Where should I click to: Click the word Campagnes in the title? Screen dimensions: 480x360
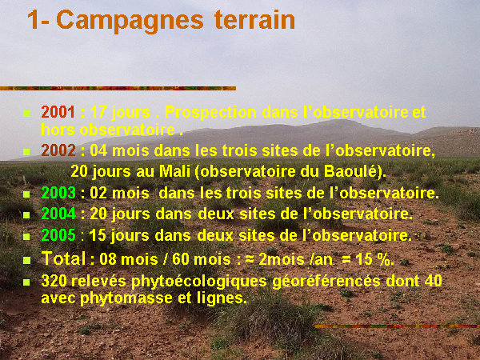tap(130, 21)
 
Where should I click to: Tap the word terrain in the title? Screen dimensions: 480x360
tap(254, 19)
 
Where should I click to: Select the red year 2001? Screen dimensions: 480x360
tap(58, 112)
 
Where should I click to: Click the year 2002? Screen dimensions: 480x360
tap(58, 150)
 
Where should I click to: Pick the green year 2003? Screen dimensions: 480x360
tap(58, 193)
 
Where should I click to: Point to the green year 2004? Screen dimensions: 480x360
tap(58, 214)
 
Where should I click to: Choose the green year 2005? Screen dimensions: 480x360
tap(58, 235)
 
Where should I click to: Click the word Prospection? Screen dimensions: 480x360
tap(210, 113)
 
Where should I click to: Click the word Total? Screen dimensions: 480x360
tap(63, 258)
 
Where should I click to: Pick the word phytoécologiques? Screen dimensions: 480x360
tap(199, 282)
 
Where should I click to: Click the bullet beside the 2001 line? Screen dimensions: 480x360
tap(26, 114)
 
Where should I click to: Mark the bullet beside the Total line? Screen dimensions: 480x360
tap(26, 260)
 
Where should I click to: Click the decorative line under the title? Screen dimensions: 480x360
tap(118, 89)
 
